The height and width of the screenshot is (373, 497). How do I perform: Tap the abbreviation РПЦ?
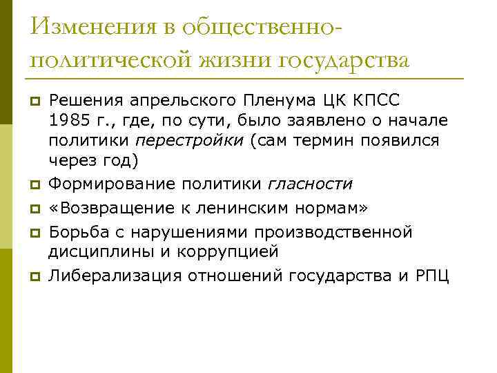click(433, 276)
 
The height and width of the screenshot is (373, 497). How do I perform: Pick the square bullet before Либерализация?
click(32, 278)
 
